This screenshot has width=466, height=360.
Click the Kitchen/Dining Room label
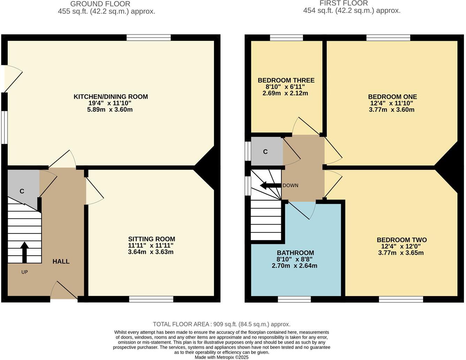(110, 97)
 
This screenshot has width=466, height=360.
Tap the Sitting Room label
(151, 239)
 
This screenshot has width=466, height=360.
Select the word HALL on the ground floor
(61, 261)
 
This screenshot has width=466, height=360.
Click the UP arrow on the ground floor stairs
(24, 252)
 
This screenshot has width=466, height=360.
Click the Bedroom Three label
(286, 80)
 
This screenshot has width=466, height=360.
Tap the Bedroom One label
(392, 97)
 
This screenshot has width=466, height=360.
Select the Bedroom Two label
(402, 240)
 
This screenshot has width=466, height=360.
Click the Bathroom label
(295, 253)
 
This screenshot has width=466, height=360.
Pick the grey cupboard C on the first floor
(266, 152)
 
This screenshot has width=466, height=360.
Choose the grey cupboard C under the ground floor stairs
(22, 191)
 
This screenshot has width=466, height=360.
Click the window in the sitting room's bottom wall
(151, 299)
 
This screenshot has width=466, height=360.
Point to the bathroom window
(294, 299)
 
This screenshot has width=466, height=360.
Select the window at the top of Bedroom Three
(286, 38)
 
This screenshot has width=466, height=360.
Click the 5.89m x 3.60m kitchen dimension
(110, 110)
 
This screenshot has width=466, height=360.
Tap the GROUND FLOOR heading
(100, 4)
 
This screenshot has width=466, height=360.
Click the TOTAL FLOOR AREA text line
(221, 324)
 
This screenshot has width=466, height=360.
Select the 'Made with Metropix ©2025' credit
(221, 357)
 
